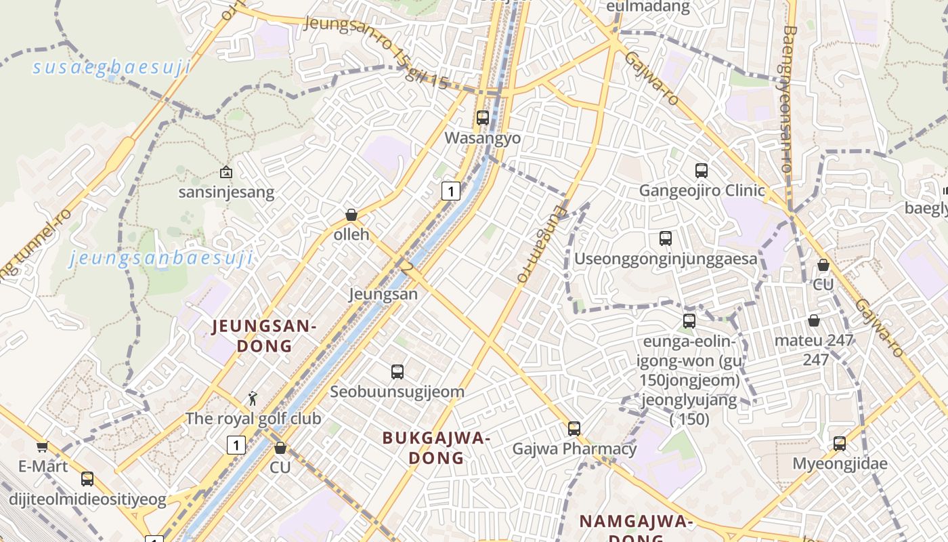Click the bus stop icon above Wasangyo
483,117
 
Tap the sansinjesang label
226,192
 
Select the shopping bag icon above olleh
351,215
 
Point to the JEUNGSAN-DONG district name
263,336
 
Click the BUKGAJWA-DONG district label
437,448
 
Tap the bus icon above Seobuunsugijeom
397,371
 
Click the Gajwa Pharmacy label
574,449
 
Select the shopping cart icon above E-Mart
43,446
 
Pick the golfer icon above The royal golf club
253,398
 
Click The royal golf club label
253,419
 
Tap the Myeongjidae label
840,464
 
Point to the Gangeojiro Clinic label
702,190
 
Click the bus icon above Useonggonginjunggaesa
666,238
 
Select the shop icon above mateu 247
814,320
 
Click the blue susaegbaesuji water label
112,68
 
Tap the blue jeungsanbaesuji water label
161,258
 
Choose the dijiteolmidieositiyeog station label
87,500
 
